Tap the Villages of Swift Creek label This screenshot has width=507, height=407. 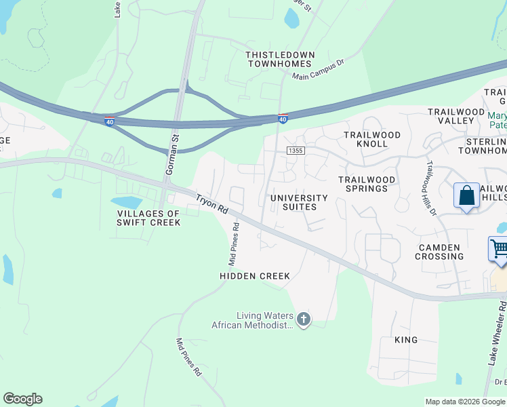coord(148,218)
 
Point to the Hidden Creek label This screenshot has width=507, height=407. coord(255,276)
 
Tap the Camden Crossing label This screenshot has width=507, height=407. coord(440,252)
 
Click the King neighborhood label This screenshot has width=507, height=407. coord(406,339)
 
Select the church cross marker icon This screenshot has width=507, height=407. coord(303,319)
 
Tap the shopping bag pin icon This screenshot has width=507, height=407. coord(467,197)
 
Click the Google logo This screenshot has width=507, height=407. coord(22,399)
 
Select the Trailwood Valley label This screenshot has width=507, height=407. coord(455,116)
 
